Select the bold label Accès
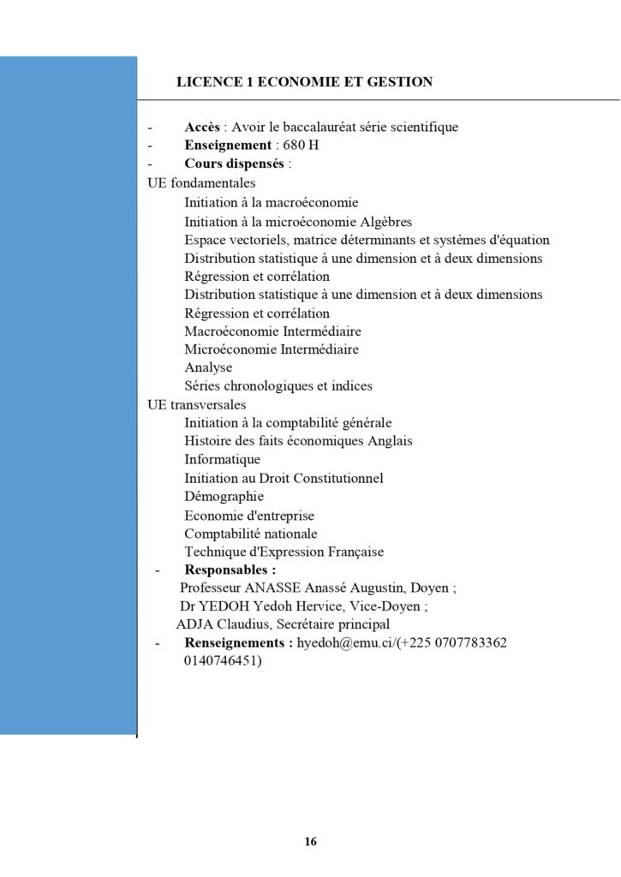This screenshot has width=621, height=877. tap(202, 127)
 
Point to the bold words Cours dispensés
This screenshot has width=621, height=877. tap(236, 164)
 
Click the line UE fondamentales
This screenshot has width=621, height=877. tap(201, 182)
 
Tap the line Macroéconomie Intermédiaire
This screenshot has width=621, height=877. tap(272, 331)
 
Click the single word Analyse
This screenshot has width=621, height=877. tap(208, 367)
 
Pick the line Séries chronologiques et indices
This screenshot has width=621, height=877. tap(278, 385)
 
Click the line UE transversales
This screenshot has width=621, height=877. tap(197, 404)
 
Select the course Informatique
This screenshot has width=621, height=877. tap(222, 459)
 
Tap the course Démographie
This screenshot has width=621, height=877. tap(224, 496)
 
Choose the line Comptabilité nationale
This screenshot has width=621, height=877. tap(250, 533)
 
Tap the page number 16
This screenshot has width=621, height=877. tap(310, 842)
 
